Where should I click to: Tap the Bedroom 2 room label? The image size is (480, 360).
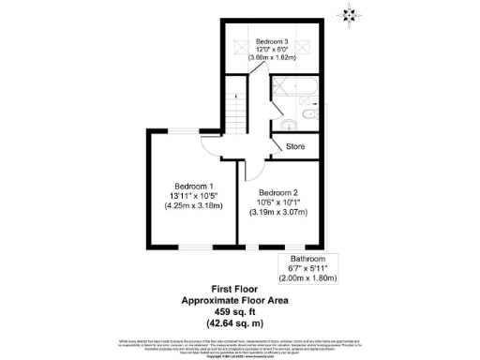click(277, 194)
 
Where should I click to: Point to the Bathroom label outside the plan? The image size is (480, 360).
click(307, 258)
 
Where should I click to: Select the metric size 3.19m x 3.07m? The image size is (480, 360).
click(278, 214)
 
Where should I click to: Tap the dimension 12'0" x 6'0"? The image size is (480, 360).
click(271, 50)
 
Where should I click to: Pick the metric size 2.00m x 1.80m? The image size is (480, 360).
click(307, 278)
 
